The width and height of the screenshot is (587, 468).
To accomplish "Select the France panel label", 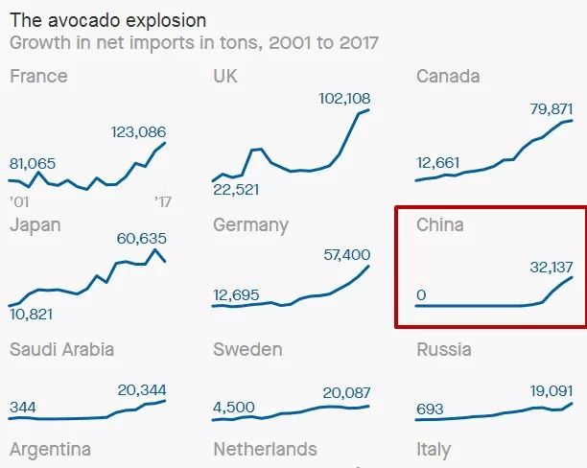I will click(38, 77).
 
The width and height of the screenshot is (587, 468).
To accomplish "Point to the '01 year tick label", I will click(19, 202).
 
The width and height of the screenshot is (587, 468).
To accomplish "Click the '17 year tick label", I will click(162, 202).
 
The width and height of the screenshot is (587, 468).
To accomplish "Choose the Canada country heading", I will click(448, 77).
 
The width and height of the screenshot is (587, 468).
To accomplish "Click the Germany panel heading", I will click(250, 225).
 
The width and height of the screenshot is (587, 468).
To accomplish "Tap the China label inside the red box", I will click(439, 225).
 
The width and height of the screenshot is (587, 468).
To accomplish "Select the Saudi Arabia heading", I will click(61, 349).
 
